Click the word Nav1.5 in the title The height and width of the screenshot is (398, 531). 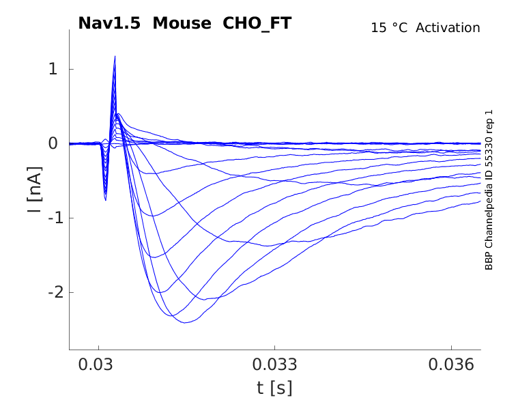pos(109,23)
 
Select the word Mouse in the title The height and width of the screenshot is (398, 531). pos(183,23)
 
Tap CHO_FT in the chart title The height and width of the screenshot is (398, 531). pos(257,23)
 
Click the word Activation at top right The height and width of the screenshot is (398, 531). pos(448,28)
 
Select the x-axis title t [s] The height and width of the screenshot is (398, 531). pos(274,388)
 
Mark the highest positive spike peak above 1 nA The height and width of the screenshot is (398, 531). pos(115,57)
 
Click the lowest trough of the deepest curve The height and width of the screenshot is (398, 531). pos(185,322)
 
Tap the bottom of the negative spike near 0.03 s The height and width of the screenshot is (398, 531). pos(105,199)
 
